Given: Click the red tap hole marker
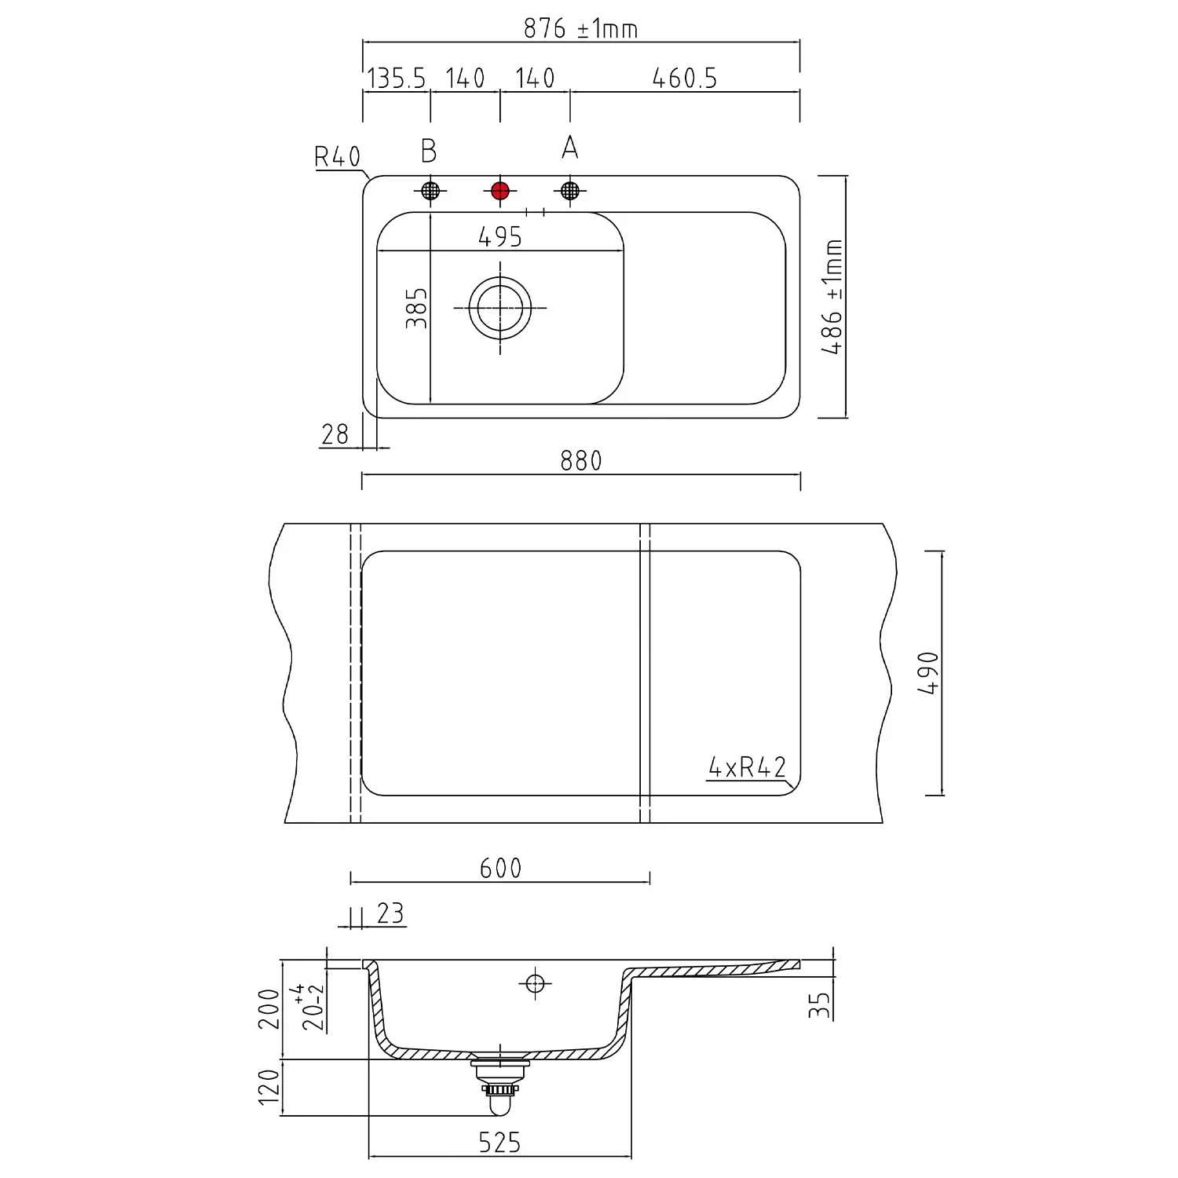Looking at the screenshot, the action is tap(500, 190).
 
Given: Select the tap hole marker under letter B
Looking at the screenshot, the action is tap(430, 190).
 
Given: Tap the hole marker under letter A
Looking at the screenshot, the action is tap(570, 190).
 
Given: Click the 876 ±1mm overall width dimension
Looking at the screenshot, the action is tap(580, 28).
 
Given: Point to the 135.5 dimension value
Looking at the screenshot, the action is tap(397, 79).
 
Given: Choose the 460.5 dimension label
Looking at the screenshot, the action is tap(685, 79).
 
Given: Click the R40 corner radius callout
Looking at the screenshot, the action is tap(337, 157).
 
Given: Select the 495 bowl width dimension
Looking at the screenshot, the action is tap(500, 236).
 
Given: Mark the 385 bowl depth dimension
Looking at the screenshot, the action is tap(416, 308).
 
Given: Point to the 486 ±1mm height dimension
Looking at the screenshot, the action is tap(832, 297).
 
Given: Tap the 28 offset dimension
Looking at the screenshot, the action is tap(335, 434).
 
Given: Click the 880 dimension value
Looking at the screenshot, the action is tap(581, 460).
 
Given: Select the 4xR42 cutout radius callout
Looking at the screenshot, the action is tap(747, 766).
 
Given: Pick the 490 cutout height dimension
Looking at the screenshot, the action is tap(929, 672).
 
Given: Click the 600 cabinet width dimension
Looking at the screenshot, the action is tap(500, 868).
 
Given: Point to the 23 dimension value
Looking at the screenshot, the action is tap(390, 913).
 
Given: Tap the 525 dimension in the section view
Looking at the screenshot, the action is tap(500, 1143).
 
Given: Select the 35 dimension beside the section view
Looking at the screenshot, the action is tap(819, 1005).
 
